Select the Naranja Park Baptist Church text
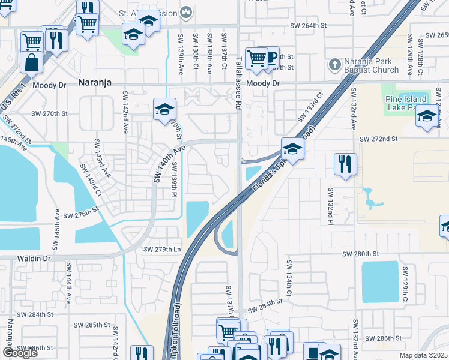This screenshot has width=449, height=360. tap(371, 66)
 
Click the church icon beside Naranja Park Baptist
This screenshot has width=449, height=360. tap(335, 64)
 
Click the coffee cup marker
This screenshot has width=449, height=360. tap(270, 57)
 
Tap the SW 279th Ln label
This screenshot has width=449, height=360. tap(162, 249)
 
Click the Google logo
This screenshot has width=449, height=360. tap(20, 353)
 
